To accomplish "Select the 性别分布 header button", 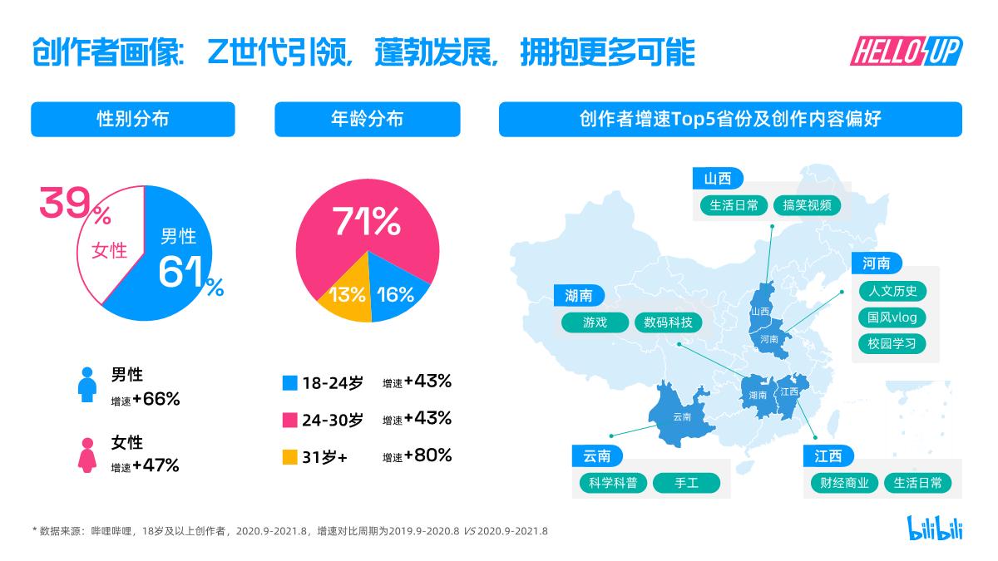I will coord(133,119).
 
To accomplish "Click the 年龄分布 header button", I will coord(367,119).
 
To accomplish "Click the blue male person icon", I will coord(86,386).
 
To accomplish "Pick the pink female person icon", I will coord(86,455).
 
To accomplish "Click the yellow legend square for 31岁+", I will coord(289,456).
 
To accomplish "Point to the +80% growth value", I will coord(427,455).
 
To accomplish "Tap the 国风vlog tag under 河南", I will coord(891,317).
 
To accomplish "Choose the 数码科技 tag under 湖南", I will coord(668,322).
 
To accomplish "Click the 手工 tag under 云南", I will coord(685,483).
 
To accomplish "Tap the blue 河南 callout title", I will coord(877,263).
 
